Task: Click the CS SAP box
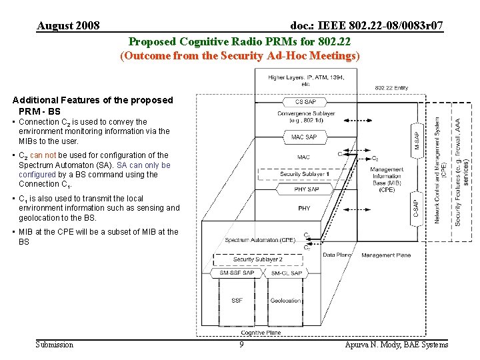click(x=305, y=102)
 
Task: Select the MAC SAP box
click(x=305, y=137)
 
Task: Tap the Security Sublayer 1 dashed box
click(x=305, y=174)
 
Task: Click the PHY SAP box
click(x=306, y=189)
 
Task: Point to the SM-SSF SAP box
click(x=237, y=273)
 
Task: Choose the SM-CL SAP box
click(x=287, y=273)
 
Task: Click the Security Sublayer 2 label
click(x=258, y=259)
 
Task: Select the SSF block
click(x=237, y=301)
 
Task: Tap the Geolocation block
click(x=286, y=301)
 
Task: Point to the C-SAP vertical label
click(x=416, y=209)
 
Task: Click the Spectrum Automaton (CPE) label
click(x=260, y=240)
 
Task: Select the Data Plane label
click(x=337, y=255)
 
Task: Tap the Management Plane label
click(x=386, y=255)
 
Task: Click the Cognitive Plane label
click(x=261, y=333)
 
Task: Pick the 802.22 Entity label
click(x=391, y=87)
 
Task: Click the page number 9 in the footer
click(x=241, y=345)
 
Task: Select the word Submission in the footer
click(x=55, y=345)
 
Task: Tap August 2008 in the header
click(x=69, y=26)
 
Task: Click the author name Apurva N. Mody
click(x=397, y=345)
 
